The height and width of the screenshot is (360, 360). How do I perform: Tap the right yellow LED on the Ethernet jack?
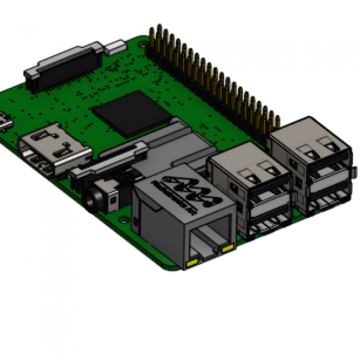pyautogui.click(x=228, y=247)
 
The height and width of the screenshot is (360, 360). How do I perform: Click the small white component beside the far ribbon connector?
pyautogui.click(x=114, y=47)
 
